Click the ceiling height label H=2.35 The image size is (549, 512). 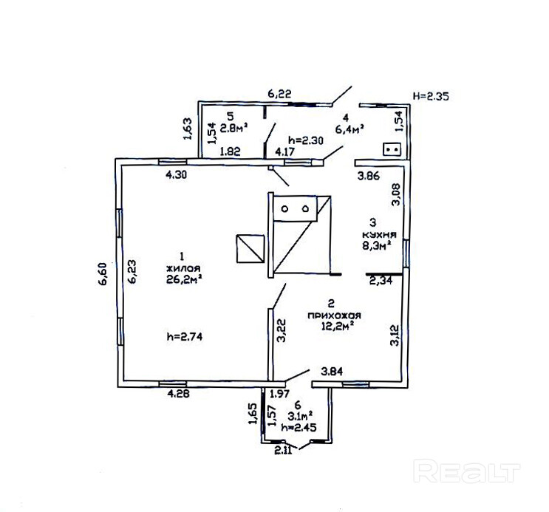tap(432, 95)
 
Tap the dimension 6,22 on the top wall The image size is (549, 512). tap(280, 94)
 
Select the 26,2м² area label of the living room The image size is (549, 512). tap(185, 279)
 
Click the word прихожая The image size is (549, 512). tap(333, 314)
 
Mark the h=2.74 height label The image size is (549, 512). tap(185, 336)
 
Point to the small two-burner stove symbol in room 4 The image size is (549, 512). tap(392, 149)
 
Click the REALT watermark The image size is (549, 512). tap(467, 471)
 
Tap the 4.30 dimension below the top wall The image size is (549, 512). tap(176, 176)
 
